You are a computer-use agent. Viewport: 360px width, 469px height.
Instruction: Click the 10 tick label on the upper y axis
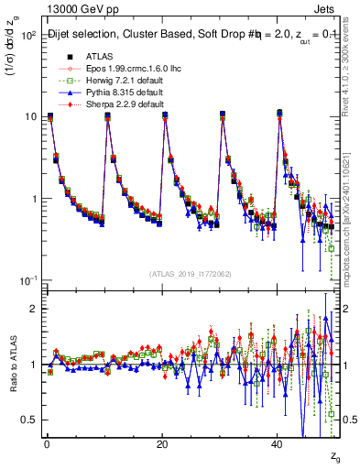coord(29,117)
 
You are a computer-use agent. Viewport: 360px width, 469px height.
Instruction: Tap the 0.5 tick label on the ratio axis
coord(27,420)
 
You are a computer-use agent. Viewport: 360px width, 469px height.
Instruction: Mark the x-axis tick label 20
coord(161,444)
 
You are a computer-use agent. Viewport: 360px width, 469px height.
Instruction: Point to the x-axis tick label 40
coord(278,444)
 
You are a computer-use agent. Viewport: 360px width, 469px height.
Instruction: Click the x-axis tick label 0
coord(47,444)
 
